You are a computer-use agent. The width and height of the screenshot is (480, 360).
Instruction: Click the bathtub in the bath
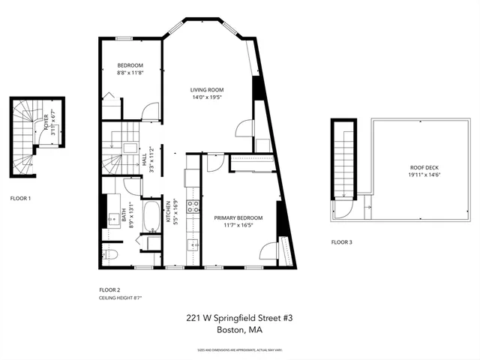click(151, 216)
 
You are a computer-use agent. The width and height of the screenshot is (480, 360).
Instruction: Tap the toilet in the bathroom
click(109, 256)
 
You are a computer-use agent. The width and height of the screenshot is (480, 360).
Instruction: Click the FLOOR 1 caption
click(20, 198)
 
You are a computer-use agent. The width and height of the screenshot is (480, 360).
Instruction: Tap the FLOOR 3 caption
click(342, 242)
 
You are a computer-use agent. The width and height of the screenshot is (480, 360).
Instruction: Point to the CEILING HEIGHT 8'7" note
click(121, 298)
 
